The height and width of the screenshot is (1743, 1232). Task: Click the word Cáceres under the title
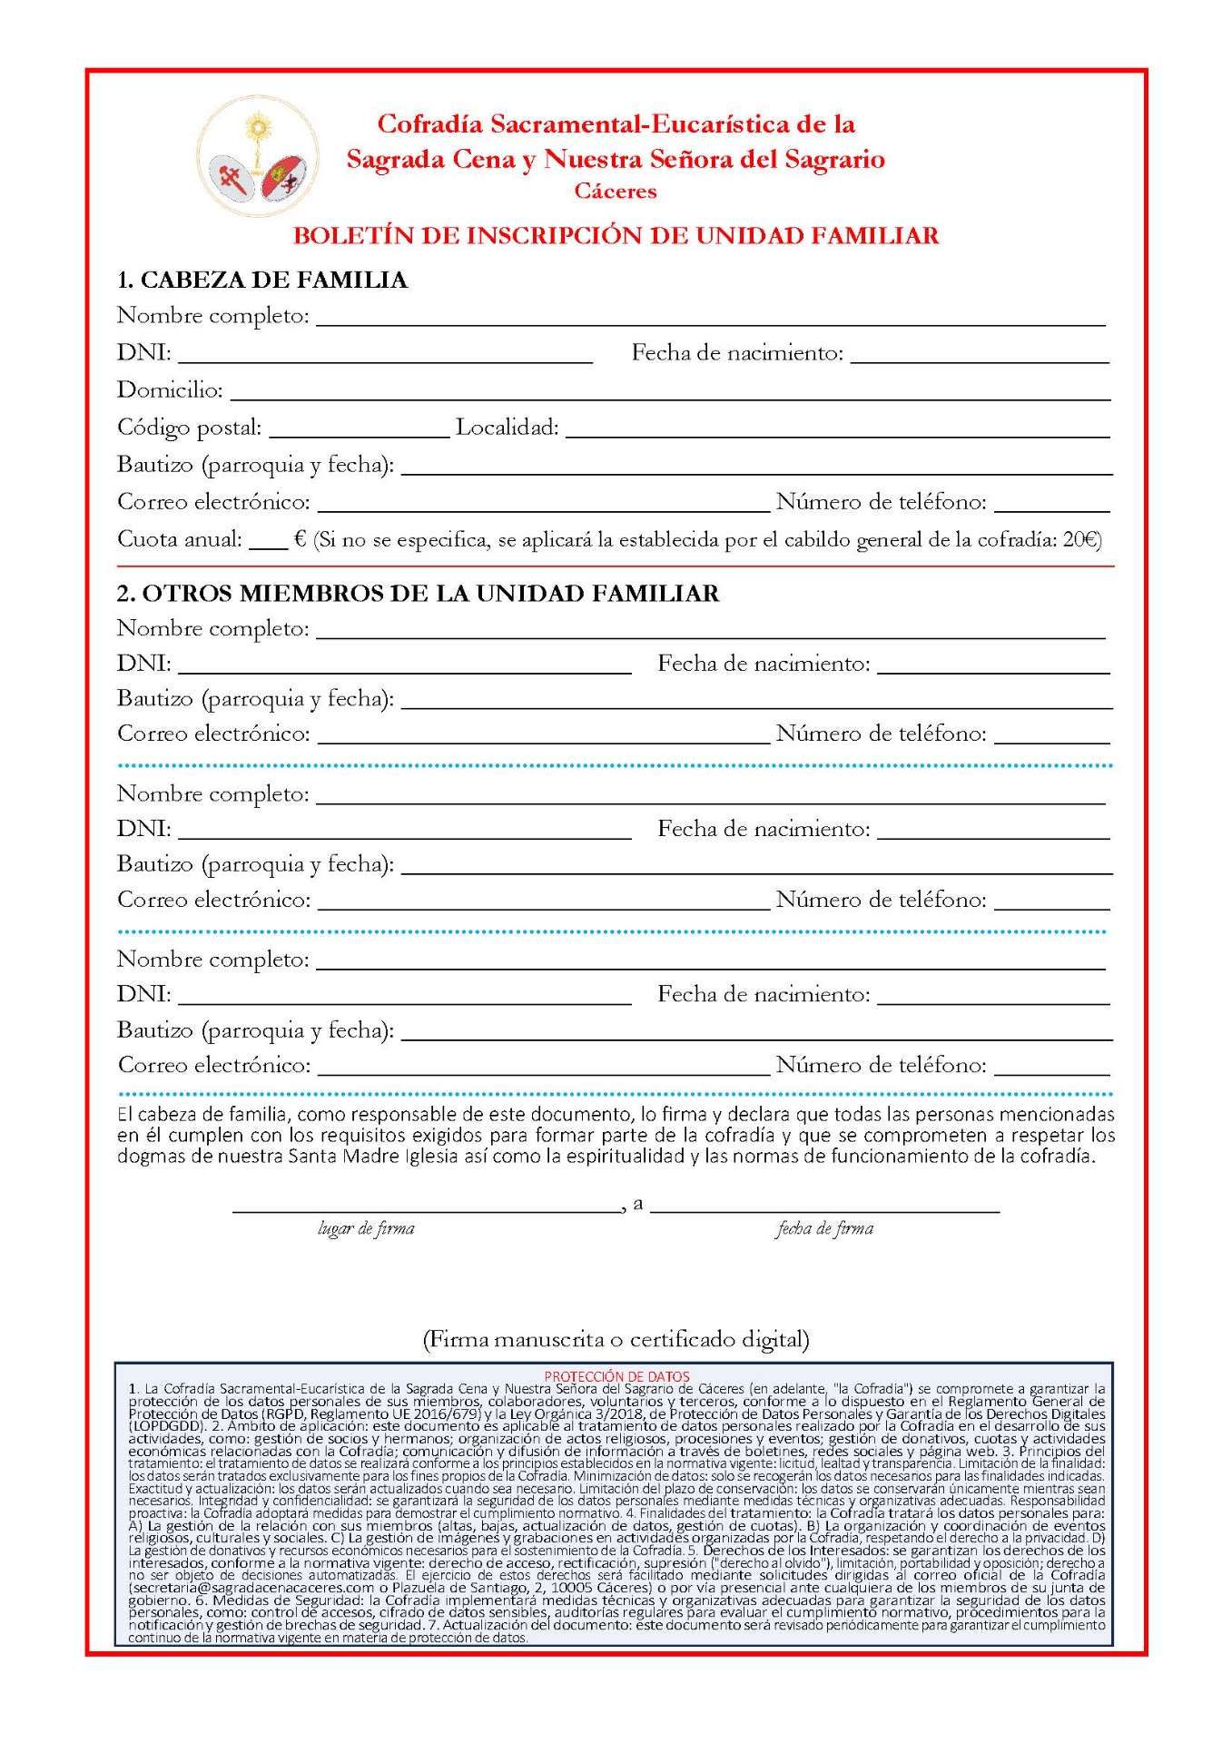(616, 191)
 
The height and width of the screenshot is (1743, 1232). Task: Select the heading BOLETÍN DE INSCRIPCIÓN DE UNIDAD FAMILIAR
(616, 235)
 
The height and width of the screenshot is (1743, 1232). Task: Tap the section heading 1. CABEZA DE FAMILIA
(262, 280)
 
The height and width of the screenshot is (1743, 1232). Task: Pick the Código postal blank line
(359, 435)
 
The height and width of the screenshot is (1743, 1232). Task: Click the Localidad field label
(507, 428)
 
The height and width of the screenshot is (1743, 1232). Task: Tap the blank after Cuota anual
(268, 547)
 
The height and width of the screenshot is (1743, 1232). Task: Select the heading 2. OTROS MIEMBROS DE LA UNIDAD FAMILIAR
(418, 594)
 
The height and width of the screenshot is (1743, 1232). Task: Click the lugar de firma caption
(366, 1229)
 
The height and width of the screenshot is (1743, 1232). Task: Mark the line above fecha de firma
(824, 1211)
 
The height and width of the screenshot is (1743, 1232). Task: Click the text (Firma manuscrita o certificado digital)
(616, 1339)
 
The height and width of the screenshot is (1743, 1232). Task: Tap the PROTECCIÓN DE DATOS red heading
(616, 1376)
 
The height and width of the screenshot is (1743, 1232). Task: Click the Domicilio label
(170, 390)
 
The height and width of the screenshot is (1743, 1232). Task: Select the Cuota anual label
(180, 539)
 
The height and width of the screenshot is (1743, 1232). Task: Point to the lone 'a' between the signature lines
(638, 1204)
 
